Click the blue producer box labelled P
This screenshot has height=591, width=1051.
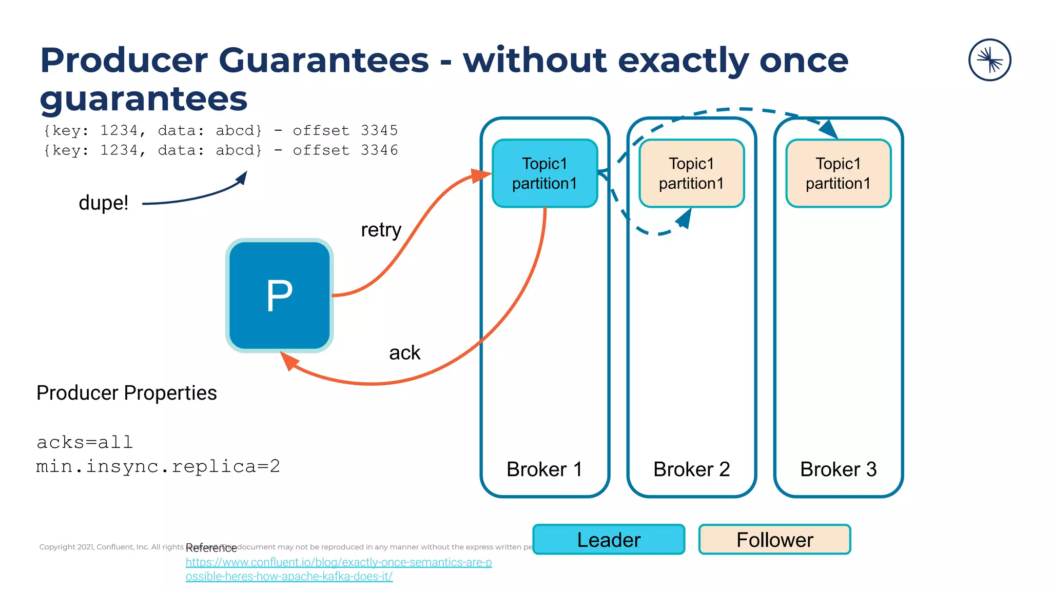tap(280, 295)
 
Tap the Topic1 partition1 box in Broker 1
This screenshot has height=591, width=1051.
tap(544, 173)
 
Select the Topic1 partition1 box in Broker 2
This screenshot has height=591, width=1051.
tap(691, 173)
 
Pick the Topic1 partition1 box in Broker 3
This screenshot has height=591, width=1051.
tap(838, 173)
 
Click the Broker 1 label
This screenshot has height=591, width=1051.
tap(544, 469)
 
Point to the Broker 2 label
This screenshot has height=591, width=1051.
tap(691, 469)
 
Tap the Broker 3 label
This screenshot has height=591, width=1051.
tap(838, 469)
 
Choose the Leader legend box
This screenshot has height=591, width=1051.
tap(609, 540)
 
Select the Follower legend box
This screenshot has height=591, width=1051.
tap(774, 540)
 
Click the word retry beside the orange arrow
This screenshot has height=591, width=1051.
tap(381, 230)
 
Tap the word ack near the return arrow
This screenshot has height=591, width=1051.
tap(404, 353)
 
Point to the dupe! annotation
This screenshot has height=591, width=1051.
tap(103, 203)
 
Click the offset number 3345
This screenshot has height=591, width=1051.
tap(379, 130)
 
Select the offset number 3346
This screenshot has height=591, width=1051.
tap(379, 150)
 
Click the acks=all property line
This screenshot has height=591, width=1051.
tap(85, 442)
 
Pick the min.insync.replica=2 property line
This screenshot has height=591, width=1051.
tap(158, 466)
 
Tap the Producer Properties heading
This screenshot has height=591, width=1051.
tap(126, 393)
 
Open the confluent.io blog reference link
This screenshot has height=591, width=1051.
tap(339, 563)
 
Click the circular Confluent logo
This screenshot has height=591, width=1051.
tap(989, 60)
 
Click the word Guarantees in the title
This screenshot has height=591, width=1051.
tap(323, 61)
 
